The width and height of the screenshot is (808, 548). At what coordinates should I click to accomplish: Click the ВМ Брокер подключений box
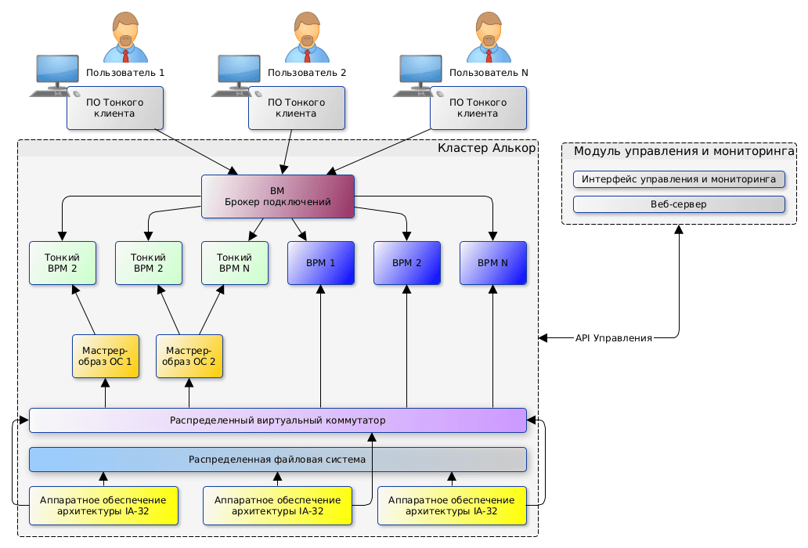278,196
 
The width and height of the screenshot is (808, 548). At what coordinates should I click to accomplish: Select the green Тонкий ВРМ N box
235,263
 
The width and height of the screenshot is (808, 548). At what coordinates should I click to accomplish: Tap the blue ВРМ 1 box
321,263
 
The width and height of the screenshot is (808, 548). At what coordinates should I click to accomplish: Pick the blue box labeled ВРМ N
493,263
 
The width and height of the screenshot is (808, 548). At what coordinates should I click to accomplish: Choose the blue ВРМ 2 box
407,263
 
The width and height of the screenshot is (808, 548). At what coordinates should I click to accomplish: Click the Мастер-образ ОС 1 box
106,357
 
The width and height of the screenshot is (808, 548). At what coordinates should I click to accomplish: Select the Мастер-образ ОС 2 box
189,357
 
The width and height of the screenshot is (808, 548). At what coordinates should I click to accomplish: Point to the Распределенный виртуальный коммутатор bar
278,420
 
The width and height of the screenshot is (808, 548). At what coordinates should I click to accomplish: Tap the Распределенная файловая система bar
278,460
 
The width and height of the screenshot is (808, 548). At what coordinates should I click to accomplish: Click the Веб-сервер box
679,204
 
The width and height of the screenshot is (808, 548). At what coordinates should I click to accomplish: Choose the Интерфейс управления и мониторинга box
679,179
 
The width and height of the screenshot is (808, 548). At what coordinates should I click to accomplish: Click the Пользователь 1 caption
125,73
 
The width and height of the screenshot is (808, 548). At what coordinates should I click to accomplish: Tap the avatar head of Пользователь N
489,28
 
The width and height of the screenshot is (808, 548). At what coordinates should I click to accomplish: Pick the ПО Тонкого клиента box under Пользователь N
478,108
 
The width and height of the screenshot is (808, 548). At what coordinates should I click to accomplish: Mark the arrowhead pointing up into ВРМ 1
321,289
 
